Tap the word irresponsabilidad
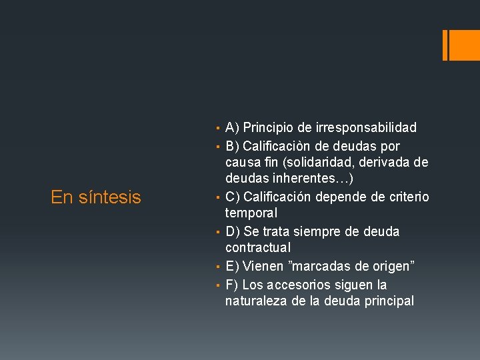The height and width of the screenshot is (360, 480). (365, 127)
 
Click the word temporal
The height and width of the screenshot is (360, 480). (251, 213)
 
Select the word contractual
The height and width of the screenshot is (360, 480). (258, 248)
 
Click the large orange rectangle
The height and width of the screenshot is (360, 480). (461, 45)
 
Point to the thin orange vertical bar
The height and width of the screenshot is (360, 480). (445, 45)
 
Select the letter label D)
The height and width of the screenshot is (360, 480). (233, 231)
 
